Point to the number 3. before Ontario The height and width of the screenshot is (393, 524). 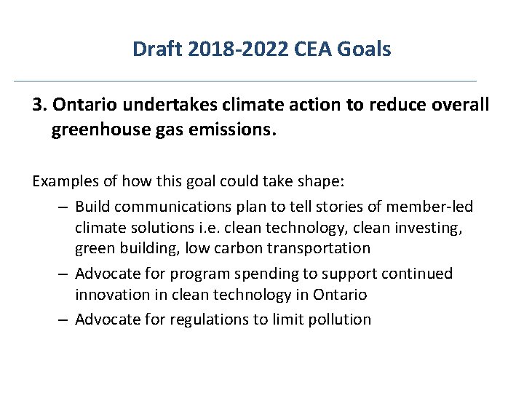[x=39, y=105]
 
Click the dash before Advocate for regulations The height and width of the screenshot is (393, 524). [x=64, y=319]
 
